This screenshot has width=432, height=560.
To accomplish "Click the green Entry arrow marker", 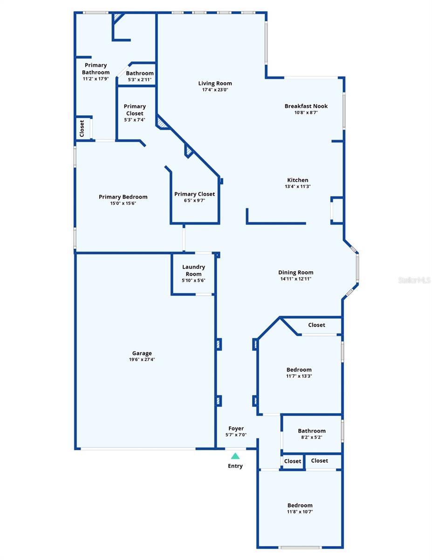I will [x=235, y=456].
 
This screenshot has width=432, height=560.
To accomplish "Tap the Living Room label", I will [x=215, y=84].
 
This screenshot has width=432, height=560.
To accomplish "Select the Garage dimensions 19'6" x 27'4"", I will [x=142, y=360].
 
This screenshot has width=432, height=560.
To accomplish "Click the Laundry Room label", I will [x=193, y=271].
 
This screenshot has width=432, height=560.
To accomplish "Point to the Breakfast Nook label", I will [x=306, y=106].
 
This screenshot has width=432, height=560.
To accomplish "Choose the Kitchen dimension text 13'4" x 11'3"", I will [x=297, y=186].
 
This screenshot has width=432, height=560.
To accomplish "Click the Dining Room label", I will [x=295, y=273].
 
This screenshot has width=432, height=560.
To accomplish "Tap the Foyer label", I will [x=236, y=428].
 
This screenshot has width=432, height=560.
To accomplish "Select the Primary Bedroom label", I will [x=123, y=197].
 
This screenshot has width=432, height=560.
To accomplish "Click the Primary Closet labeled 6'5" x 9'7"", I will [x=194, y=194].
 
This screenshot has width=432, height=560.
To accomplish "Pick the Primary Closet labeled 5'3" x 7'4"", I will [x=134, y=110].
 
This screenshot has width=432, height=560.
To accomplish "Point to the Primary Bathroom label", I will [x=96, y=69].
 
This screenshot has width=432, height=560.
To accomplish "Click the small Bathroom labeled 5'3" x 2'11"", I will [x=140, y=73].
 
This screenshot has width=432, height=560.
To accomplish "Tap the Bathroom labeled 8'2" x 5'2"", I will [x=312, y=431].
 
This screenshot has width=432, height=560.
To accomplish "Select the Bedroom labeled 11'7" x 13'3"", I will [x=299, y=370].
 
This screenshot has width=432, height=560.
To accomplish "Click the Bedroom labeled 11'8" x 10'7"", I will [x=300, y=505].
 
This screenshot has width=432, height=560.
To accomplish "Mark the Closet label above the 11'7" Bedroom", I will [x=316, y=325].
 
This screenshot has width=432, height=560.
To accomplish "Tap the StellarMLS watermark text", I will [x=414, y=280].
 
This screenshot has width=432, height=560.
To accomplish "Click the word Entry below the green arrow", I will [x=235, y=466].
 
